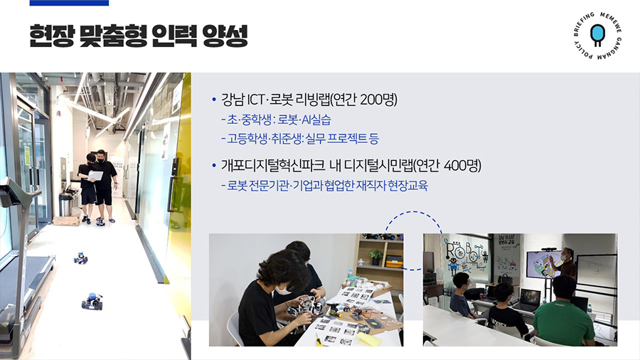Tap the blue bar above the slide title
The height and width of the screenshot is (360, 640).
point(70,3)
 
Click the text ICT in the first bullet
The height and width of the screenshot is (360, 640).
point(255,100)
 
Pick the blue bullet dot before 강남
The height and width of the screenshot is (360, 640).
point(214,100)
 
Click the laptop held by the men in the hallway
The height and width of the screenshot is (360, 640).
point(96,176)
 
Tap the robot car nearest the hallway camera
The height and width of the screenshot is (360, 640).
point(92,301)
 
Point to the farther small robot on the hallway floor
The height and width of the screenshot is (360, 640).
point(80,258)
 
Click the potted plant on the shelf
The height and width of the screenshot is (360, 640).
point(375,257)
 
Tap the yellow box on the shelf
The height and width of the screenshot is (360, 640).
point(394,261)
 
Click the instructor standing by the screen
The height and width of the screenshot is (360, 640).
point(567,263)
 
